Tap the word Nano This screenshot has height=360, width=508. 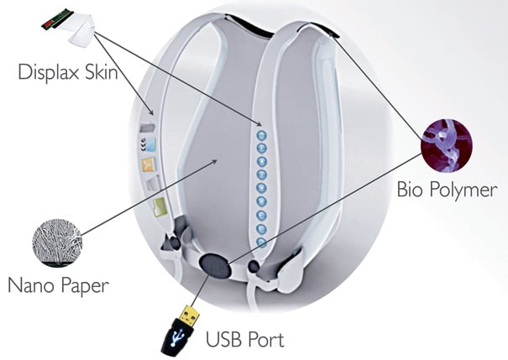[x=32, y=286]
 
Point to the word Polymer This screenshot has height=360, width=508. [x=466, y=190]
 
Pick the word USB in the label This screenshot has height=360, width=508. [x=224, y=340]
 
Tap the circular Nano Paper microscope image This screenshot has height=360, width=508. [x=56, y=242]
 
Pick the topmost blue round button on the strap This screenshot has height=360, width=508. [x=262, y=134]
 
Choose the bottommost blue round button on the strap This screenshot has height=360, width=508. [x=262, y=243]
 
